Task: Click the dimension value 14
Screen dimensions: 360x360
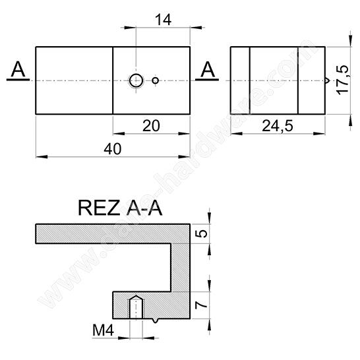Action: (163, 20)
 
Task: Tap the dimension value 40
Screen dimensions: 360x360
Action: (113, 150)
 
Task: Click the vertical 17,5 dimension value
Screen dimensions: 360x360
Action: (341, 80)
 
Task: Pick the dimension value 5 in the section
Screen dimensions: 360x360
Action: (202, 233)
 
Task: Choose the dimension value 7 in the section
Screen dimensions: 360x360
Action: (202, 305)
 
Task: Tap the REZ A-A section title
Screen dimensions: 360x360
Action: (119, 208)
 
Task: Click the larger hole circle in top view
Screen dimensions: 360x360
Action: (136, 80)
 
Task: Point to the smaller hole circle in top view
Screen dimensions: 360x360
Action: (155, 80)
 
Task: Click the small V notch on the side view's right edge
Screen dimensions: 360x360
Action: (326, 81)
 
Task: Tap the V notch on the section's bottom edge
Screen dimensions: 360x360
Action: (154, 320)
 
